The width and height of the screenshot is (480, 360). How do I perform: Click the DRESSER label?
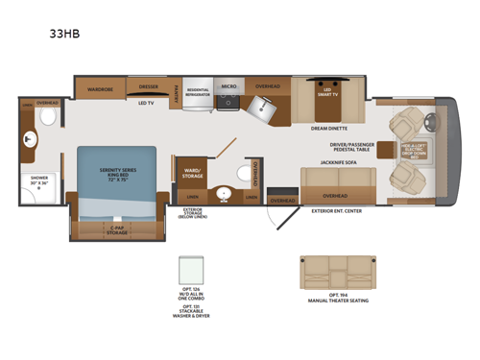pyautogui.click(x=148, y=86)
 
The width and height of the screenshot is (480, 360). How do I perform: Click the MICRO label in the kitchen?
pyautogui.click(x=228, y=86)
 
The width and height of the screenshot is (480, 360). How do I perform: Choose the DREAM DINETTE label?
pyautogui.click(x=329, y=128)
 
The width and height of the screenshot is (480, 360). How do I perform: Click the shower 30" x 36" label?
pyautogui.click(x=38, y=180)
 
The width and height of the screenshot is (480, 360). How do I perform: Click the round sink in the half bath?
pyautogui.click(x=224, y=192)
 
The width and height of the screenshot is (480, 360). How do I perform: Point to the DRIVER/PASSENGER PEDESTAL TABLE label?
pyautogui.click(x=350, y=147)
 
